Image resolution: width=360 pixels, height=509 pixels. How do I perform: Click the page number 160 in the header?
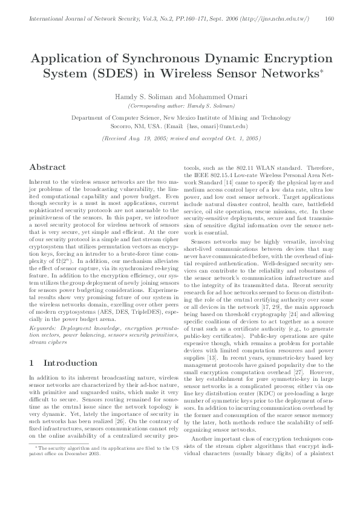point(330,19)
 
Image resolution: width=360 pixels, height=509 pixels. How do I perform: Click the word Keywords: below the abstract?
point(43,326)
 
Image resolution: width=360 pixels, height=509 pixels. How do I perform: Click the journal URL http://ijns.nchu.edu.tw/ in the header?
point(273,19)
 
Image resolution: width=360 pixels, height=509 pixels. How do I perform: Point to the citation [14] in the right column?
point(229,181)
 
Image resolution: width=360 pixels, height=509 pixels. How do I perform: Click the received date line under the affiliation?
point(180,138)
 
